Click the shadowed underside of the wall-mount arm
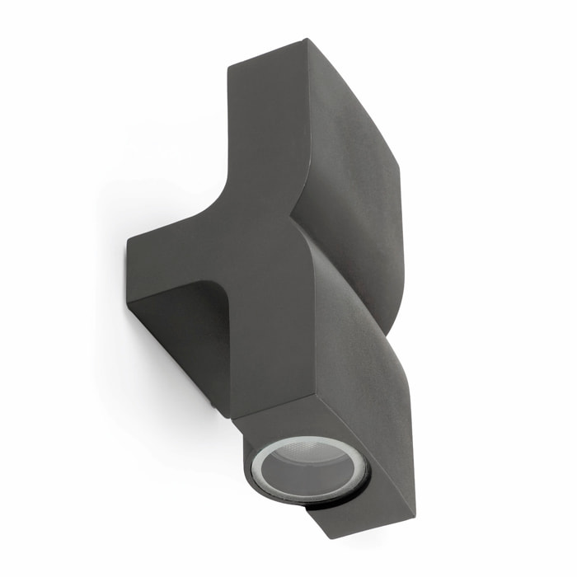pos(177,330)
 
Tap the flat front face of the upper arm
pos(264,124)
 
